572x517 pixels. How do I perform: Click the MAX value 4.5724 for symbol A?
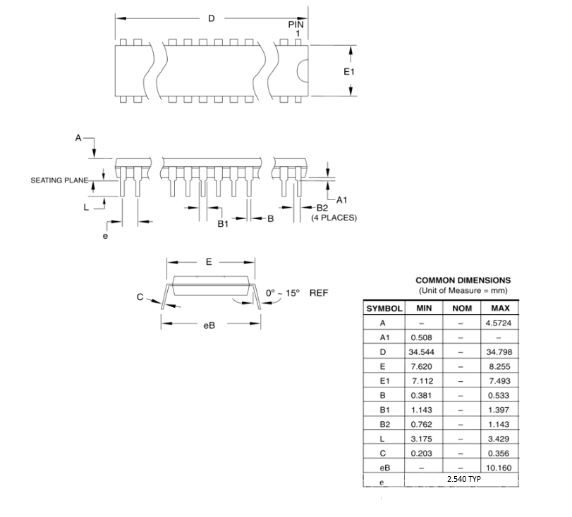click(499, 323)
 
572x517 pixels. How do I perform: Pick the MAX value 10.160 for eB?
click(499, 467)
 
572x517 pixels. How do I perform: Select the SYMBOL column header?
click(384, 309)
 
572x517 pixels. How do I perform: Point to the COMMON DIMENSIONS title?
click(463, 280)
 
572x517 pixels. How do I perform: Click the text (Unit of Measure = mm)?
click(463, 290)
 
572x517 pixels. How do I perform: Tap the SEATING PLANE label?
click(59, 180)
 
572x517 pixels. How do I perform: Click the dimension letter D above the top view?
click(211, 18)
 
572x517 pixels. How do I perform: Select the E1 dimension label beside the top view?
click(348, 71)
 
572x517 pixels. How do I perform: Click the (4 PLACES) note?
click(334, 218)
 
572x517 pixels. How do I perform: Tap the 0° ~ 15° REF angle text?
click(296, 292)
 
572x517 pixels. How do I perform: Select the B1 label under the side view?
click(223, 223)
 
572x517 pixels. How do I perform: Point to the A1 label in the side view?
click(342, 199)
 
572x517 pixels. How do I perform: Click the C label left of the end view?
click(140, 297)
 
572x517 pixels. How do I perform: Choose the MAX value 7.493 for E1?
click(499, 380)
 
